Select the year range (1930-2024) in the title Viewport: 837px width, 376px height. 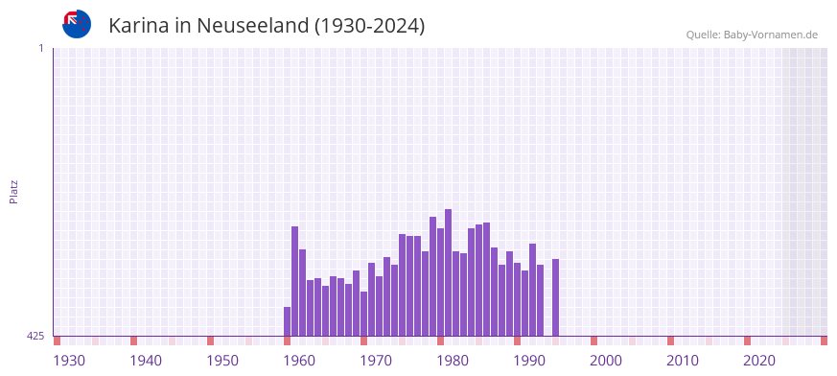(x=369, y=26)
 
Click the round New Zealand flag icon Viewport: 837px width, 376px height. (x=77, y=24)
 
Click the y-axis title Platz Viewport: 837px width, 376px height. (x=13, y=191)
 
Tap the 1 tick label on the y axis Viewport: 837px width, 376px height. (x=40, y=48)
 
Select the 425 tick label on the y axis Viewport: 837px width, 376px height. (x=35, y=336)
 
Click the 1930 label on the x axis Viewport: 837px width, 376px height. (x=69, y=361)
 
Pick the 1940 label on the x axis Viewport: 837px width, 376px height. (x=146, y=361)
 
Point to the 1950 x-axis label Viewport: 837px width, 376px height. (x=222, y=361)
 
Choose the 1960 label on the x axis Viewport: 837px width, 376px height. (x=299, y=361)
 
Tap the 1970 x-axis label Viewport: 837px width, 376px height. (x=376, y=361)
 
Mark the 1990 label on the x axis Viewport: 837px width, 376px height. (x=529, y=361)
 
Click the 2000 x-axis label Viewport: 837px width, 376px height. (x=606, y=361)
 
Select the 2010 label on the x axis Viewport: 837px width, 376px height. (x=683, y=361)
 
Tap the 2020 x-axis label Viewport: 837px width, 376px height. (x=759, y=361)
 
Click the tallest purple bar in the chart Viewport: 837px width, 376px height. (x=448, y=272)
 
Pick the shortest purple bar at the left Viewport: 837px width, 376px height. (x=287, y=321)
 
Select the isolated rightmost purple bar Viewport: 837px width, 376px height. (x=555, y=297)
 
